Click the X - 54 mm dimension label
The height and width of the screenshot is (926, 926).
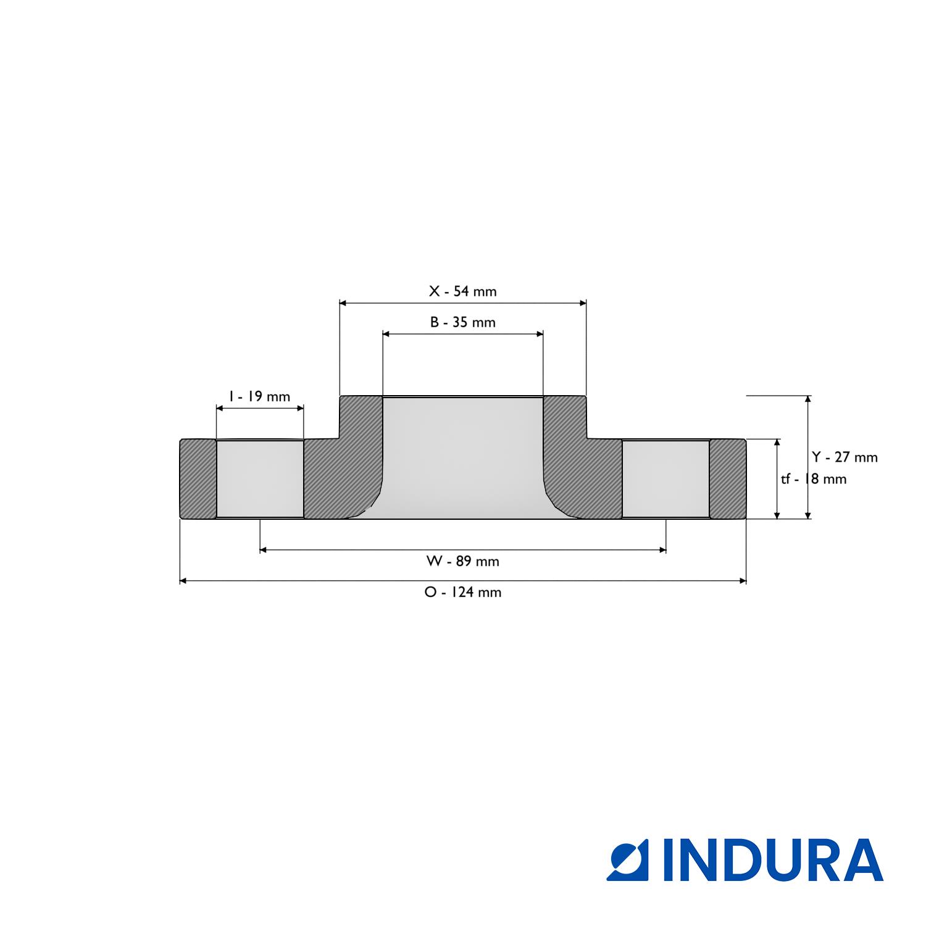click(x=462, y=291)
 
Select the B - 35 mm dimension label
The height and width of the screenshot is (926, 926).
click(x=462, y=322)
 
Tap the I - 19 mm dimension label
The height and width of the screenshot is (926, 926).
click(x=259, y=396)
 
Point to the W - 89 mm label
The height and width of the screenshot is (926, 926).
click(x=462, y=561)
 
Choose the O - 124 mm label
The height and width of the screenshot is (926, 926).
click(x=462, y=592)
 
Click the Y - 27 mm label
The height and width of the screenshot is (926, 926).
click(x=845, y=457)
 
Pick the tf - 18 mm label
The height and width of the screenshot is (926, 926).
click(x=814, y=479)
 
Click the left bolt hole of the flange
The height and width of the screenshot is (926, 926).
click(x=260, y=479)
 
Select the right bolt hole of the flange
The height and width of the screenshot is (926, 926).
click(x=665, y=479)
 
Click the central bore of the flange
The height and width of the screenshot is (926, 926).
click(x=462, y=457)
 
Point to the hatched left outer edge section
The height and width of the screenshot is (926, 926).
click(x=198, y=479)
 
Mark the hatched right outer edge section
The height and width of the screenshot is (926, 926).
click(x=727, y=479)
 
